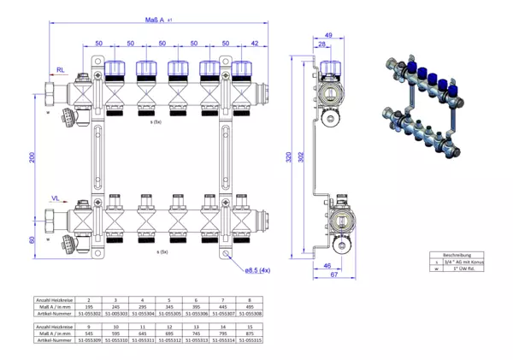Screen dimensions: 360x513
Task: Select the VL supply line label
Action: pos(56,198)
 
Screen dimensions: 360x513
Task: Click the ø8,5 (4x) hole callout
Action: pos(257,271)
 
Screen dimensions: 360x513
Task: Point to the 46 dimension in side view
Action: pos(328,267)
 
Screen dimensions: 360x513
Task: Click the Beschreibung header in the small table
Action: pos(456,255)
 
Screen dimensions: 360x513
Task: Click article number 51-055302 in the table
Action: pos(90,315)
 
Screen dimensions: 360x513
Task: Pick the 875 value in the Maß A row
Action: pos(249,333)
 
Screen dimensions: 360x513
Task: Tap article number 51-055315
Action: pos(249,340)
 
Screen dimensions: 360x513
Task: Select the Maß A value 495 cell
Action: pos(249,307)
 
